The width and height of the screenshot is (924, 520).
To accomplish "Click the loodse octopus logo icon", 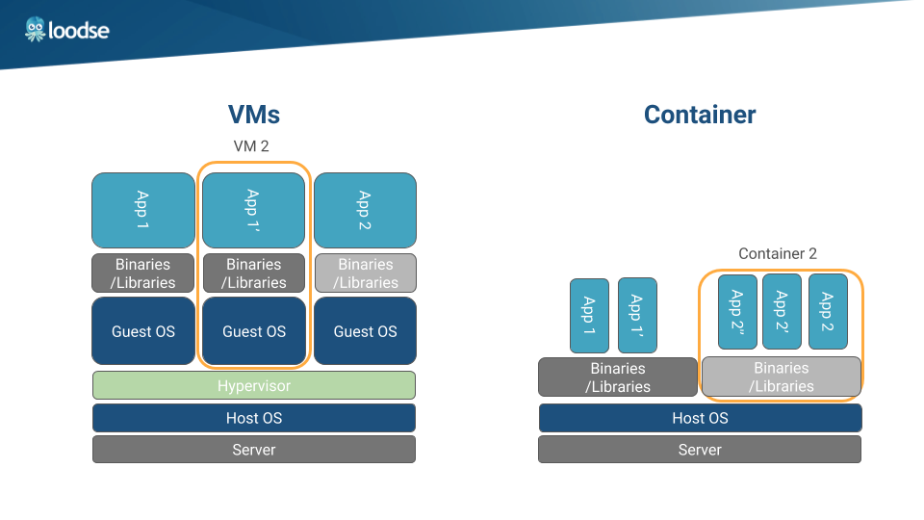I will pyautogui.click(x=36, y=29).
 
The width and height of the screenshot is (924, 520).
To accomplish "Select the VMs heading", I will pyautogui.click(x=254, y=115).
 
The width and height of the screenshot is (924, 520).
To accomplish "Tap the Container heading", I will pyautogui.click(x=700, y=115).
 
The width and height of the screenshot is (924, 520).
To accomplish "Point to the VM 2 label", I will pyautogui.click(x=251, y=146).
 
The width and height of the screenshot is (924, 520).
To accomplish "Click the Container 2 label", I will pyautogui.click(x=778, y=254).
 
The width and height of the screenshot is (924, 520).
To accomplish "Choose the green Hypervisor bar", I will pyautogui.click(x=254, y=385).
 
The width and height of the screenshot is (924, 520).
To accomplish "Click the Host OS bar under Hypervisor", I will pyautogui.click(x=254, y=418).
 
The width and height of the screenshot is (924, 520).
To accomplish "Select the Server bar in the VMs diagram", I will pyautogui.click(x=254, y=450).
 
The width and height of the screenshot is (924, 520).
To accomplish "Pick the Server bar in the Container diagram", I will pyautogui.click(x=700, y=450).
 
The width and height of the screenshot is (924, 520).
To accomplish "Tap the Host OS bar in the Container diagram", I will pyautogui.click(x=700, y=418).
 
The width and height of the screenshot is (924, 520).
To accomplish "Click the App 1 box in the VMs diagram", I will pyautogui.click(x=142, y=210).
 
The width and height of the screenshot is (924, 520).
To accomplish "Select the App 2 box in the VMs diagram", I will pyautogui.click(x=365, y=210).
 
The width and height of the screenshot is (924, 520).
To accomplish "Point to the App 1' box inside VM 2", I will pyautogui.click(x=253, y=210).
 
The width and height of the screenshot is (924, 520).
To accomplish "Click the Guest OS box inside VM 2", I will pyautogui.click(x=254, y=331).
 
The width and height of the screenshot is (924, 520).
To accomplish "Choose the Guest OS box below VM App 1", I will pyautogui.click(x=142, y=331).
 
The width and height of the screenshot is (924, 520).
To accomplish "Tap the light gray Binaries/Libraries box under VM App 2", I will pyautogui.click(x=365, y=273).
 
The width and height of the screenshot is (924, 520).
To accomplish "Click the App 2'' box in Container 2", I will pyautogui.click(x=737, y=311).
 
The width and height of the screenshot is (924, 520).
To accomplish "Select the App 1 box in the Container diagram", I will pyautogui.click(x=589, y=315).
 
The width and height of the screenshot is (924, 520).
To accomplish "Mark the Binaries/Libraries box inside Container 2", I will pyautogui.click(x=781, y=377).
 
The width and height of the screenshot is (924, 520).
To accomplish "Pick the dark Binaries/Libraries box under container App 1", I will pyautogui.click(x=618, y=377).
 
